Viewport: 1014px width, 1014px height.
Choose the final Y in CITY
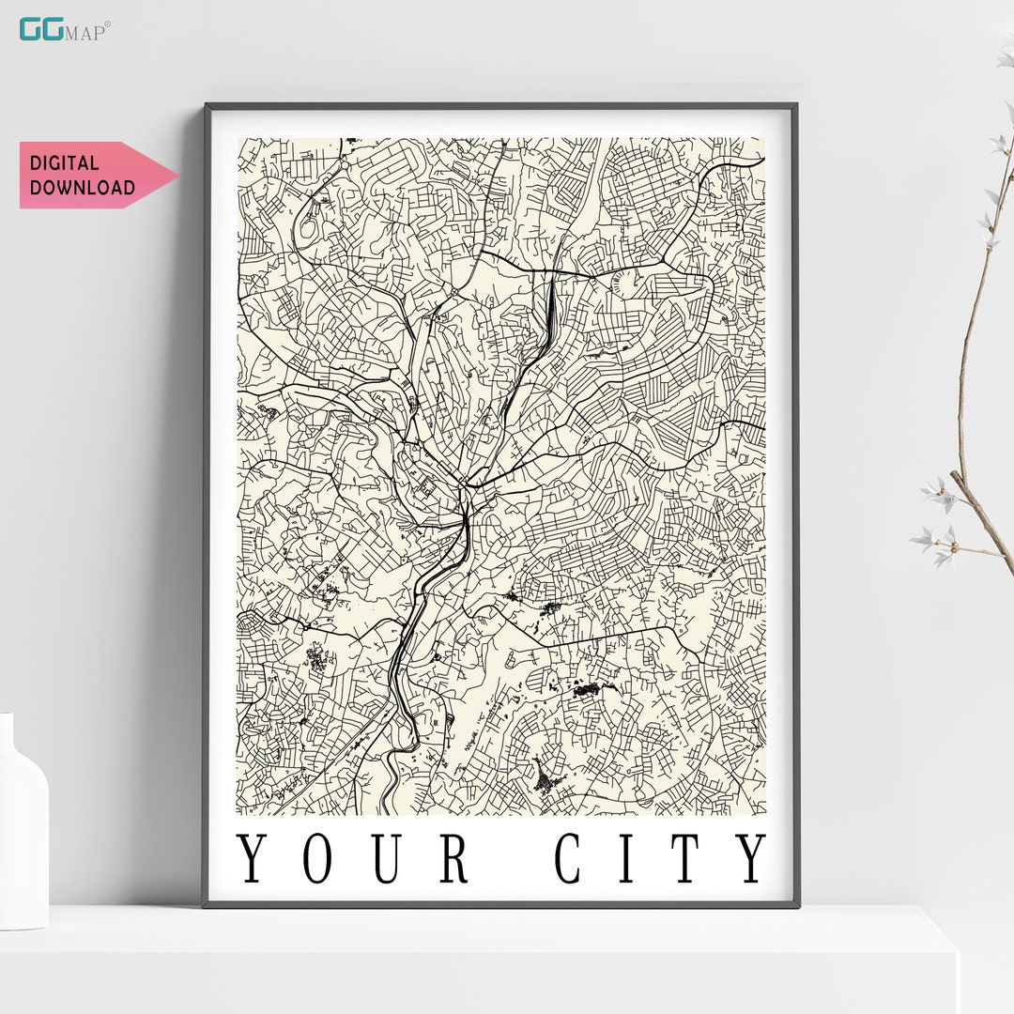tap(750, 858)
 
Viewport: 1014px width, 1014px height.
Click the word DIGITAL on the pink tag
tap(63, 163)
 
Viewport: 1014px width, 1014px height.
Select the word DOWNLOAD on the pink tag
tap(82, 187)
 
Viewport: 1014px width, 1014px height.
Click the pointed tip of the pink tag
tap(176, 175)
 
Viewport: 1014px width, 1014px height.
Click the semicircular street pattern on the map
tap(622, 281)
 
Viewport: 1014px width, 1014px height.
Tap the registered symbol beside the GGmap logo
tap(108, 24)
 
